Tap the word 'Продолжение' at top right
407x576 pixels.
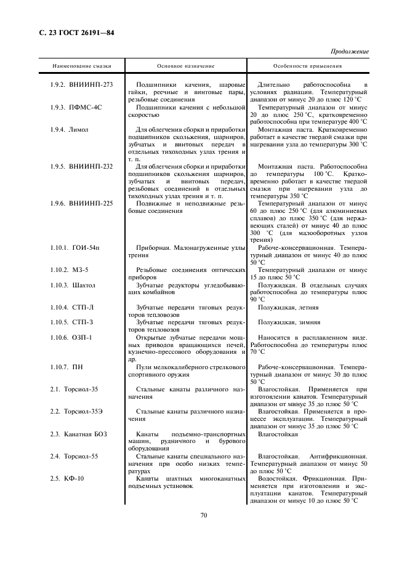click(x=350, y=52)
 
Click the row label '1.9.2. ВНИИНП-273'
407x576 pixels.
click(x=81, y=84)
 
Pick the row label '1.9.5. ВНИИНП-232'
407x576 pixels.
click(x=81, y=167)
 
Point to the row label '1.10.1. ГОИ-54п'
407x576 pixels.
click(x=75, y=247)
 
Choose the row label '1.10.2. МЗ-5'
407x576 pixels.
click(x=69, y=270)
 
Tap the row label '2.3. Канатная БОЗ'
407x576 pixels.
click(x=78, y=434)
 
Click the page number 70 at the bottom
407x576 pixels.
click(x=203, y=516)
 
